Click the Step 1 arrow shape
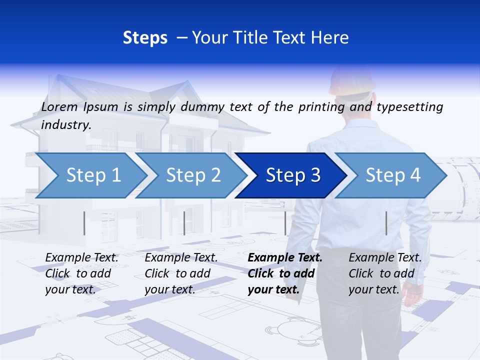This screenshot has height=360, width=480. point(90,175)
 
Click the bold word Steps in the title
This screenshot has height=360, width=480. point(145,38)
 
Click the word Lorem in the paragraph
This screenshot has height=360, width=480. point(59,106)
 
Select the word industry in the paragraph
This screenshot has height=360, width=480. point(65,125)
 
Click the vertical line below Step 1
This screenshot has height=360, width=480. point(84,223)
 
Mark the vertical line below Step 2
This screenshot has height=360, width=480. point(184,223)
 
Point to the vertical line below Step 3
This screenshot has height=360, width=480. point(285,223)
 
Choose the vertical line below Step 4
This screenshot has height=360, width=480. point(386,223)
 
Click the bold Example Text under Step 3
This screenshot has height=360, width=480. point(285,258)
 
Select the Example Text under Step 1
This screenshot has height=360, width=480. point(82,258)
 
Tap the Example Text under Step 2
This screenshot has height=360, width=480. point(181,258)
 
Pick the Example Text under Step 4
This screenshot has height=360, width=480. point(385,258)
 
